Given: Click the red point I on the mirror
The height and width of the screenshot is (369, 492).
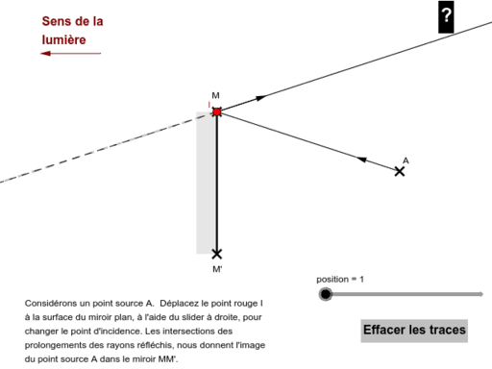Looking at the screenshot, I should [x=217, y=111].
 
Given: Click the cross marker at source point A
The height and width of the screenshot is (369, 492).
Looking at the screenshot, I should [x=400, y=171].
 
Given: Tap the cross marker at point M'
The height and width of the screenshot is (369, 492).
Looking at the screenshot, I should [x=217, y=254].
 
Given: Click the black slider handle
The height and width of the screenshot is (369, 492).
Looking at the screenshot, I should [x=325, y=294].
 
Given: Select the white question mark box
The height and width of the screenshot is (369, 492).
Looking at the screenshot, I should [x=446, y=15].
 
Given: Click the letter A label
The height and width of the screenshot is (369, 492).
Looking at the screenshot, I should [x=406, y=160].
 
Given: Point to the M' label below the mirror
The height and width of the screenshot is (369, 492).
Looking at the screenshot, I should [x=217, y=269].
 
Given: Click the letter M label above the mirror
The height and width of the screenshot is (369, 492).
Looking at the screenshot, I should [x=215, y=95].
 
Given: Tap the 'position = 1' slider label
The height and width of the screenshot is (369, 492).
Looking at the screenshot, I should [x=340, y=280].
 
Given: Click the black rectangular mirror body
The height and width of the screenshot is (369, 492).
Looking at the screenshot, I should [x=207, y=183].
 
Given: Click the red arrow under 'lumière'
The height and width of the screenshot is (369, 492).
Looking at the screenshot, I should [x=69, y=54].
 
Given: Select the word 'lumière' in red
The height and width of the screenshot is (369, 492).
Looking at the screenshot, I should [x=63, y=40].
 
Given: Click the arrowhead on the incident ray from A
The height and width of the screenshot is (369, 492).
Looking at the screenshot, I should [x=362, y=159].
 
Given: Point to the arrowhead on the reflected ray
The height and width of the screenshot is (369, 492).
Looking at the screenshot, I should [x=258, y=98].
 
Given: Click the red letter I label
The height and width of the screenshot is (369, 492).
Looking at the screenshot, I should [x=209, y=104].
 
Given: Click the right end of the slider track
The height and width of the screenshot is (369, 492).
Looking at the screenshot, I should [x=481, y=294].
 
